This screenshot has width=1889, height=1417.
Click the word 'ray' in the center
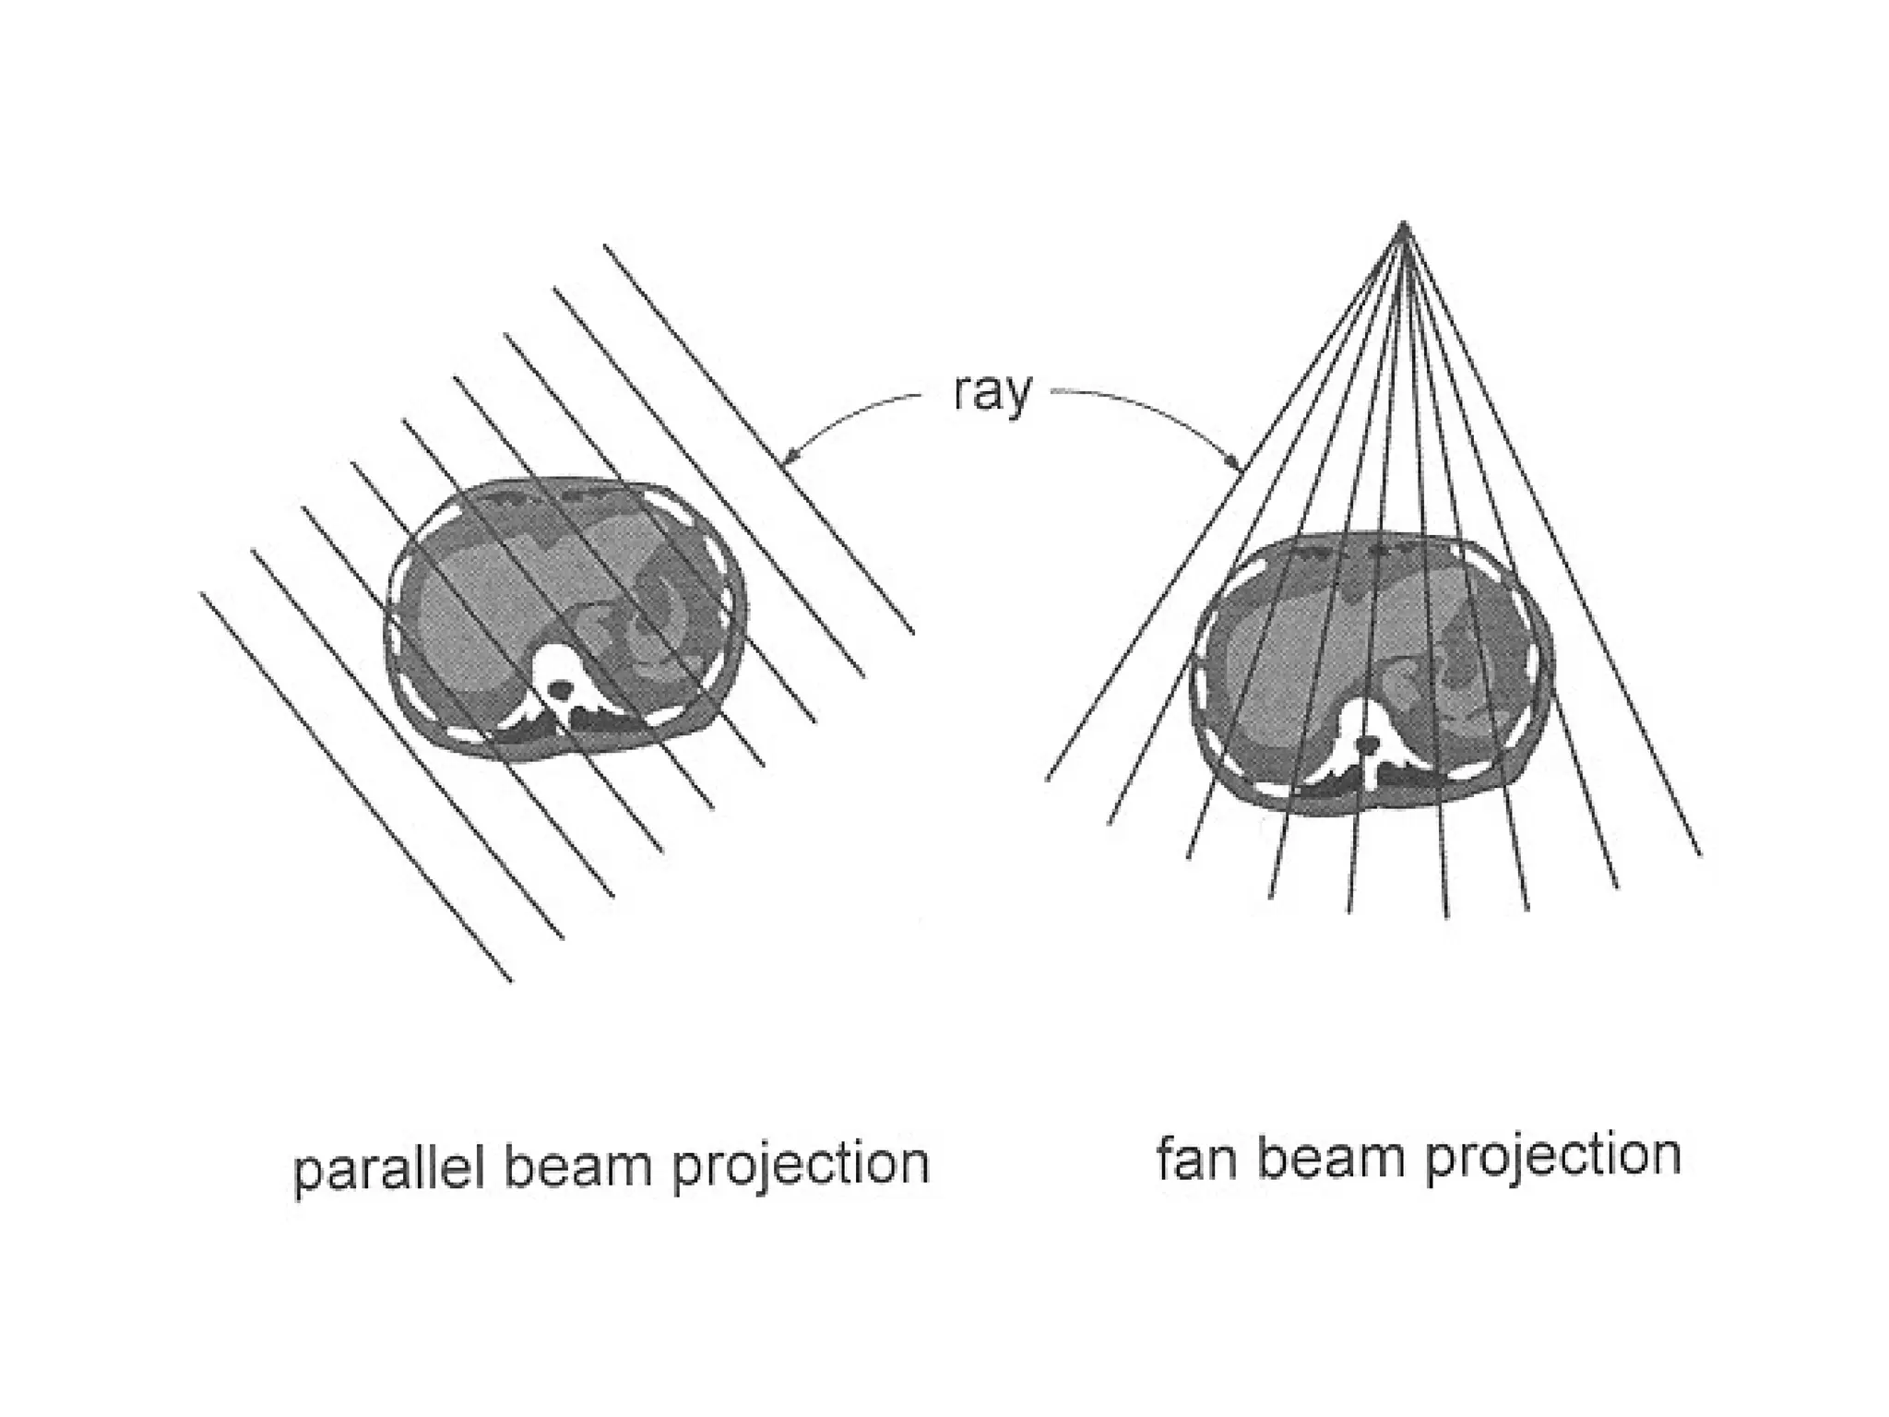tap(992, 395)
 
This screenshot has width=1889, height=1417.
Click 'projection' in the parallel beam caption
tap(800, 1167)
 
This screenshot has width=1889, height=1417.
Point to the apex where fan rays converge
tap(1403, 223)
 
